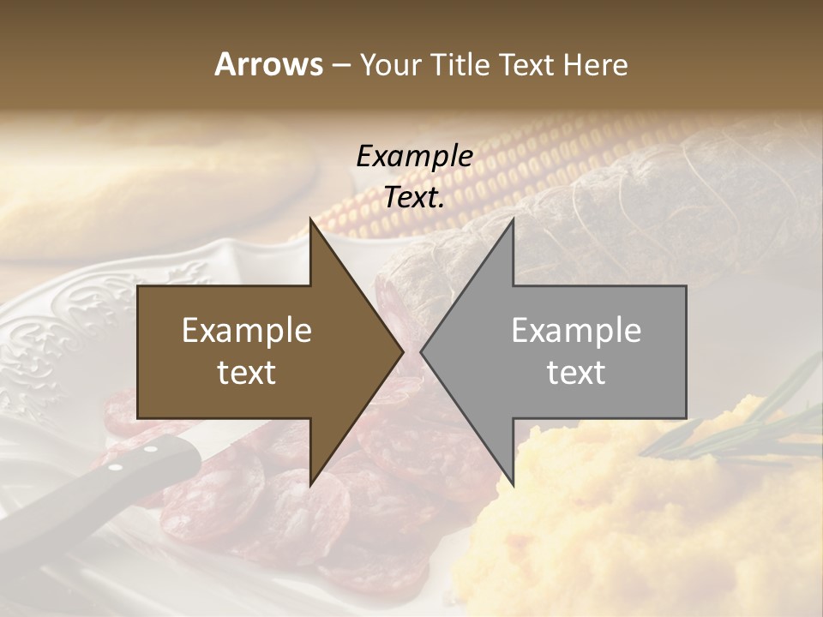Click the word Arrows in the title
click(268, 64)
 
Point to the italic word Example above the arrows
click(414, 156)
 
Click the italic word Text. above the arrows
click(414, 197)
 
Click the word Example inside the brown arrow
click(247, 331)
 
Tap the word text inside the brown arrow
click(247, 372)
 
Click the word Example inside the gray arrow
click(576, 331)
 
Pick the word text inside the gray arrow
click(576, 372)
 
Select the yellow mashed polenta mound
click(652, 531)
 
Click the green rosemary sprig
click(754, 420)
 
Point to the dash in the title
click(339, 65)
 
